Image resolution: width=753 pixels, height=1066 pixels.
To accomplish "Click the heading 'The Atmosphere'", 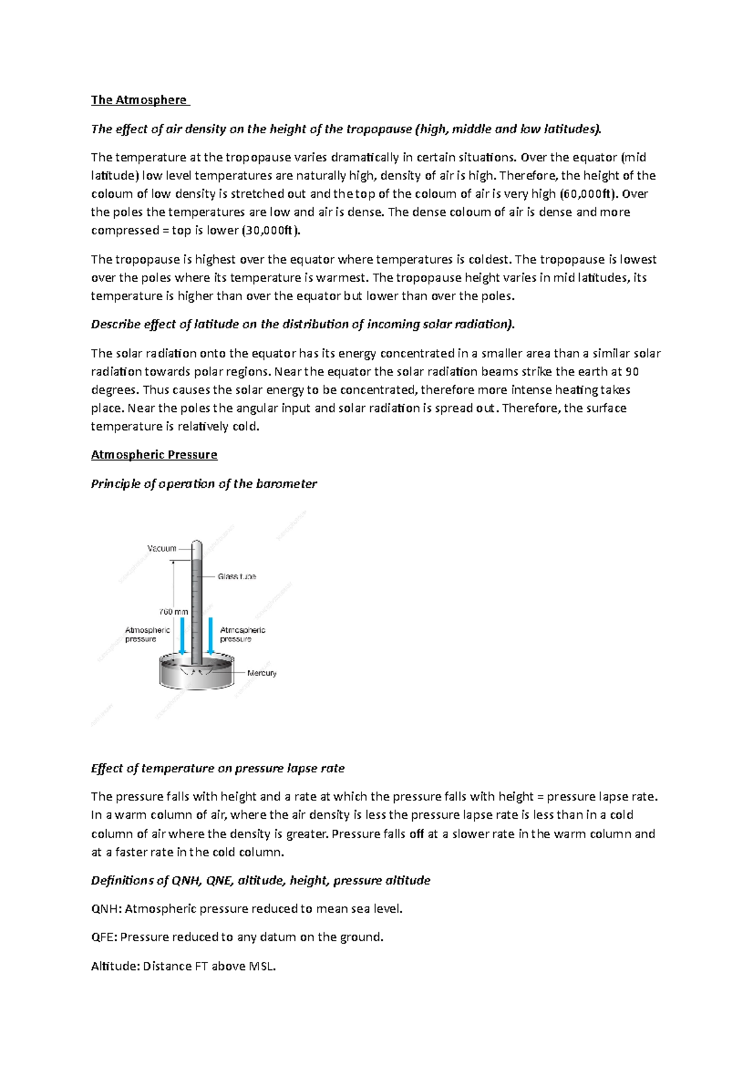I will pyautogui.click(x=139, y=100).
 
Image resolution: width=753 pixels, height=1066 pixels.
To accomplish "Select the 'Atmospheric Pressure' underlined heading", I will pyautogui.click(x=154, y=455).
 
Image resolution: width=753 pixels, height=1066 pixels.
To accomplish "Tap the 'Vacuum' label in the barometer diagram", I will pyautogui.click(x=162, y=548).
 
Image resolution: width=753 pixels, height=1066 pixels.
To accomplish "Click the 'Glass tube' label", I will pyautogui.click(x=237, y=576).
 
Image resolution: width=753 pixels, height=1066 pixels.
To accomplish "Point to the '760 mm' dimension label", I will pyautogui.click(x=173, y=611).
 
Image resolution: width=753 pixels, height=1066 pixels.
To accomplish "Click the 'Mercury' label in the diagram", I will pyautogui.click(x=262, y=673).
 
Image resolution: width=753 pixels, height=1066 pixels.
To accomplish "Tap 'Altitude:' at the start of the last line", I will pyautogui.click(x=115, y=966).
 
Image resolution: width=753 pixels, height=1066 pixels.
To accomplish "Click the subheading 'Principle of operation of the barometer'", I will pyautogui.click(x=204, y=483).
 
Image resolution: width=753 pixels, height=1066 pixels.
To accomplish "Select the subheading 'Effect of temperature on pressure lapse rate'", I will pyautogui.click(x=218, y=768).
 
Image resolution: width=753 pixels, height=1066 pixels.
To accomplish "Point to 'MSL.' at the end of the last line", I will pyautogui.click(x=262, y=966).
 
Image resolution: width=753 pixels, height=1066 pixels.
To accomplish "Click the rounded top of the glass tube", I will pyautogui.click(x=196, y=544).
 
